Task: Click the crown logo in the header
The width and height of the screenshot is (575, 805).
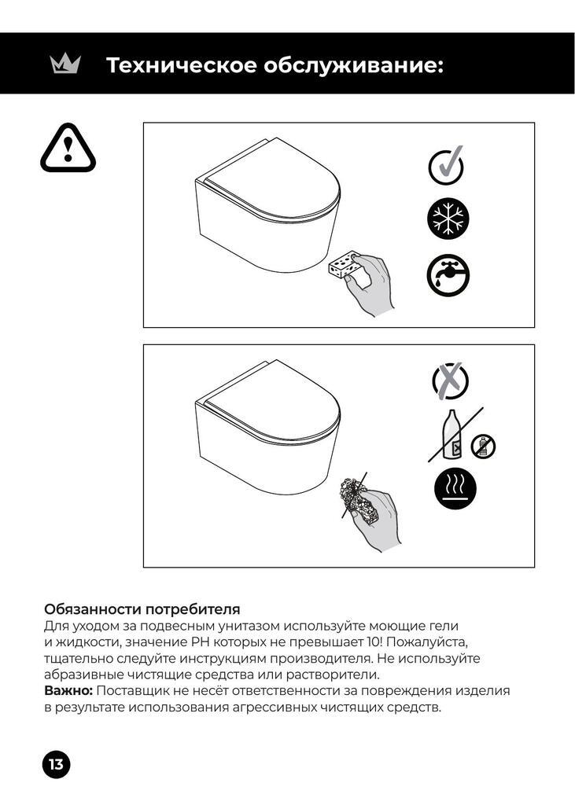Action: click(x=65, y=64)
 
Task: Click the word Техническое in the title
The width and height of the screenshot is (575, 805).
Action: click(x=182, y=66)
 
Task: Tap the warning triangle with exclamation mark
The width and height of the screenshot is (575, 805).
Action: click(x=68, y=148)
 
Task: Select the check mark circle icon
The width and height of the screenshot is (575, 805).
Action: click(x=447, y=165)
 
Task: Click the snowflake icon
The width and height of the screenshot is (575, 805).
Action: click(x=448, y=219)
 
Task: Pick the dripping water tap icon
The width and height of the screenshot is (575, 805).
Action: click(x=448, y=275)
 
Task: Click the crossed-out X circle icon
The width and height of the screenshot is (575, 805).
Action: click(x=450, y=381)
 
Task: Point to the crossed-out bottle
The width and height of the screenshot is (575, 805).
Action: click(x=454, y=434)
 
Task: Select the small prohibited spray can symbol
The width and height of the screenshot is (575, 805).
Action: click(x=483, y=446)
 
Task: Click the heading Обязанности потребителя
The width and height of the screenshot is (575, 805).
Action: click(x=142, y=609)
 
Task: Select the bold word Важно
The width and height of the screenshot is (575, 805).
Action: click(x=68, y=690)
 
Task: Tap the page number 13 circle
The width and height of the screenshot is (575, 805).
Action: click(x=56, y=764)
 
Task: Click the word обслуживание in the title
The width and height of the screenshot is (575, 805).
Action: click(x=353, y=66)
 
